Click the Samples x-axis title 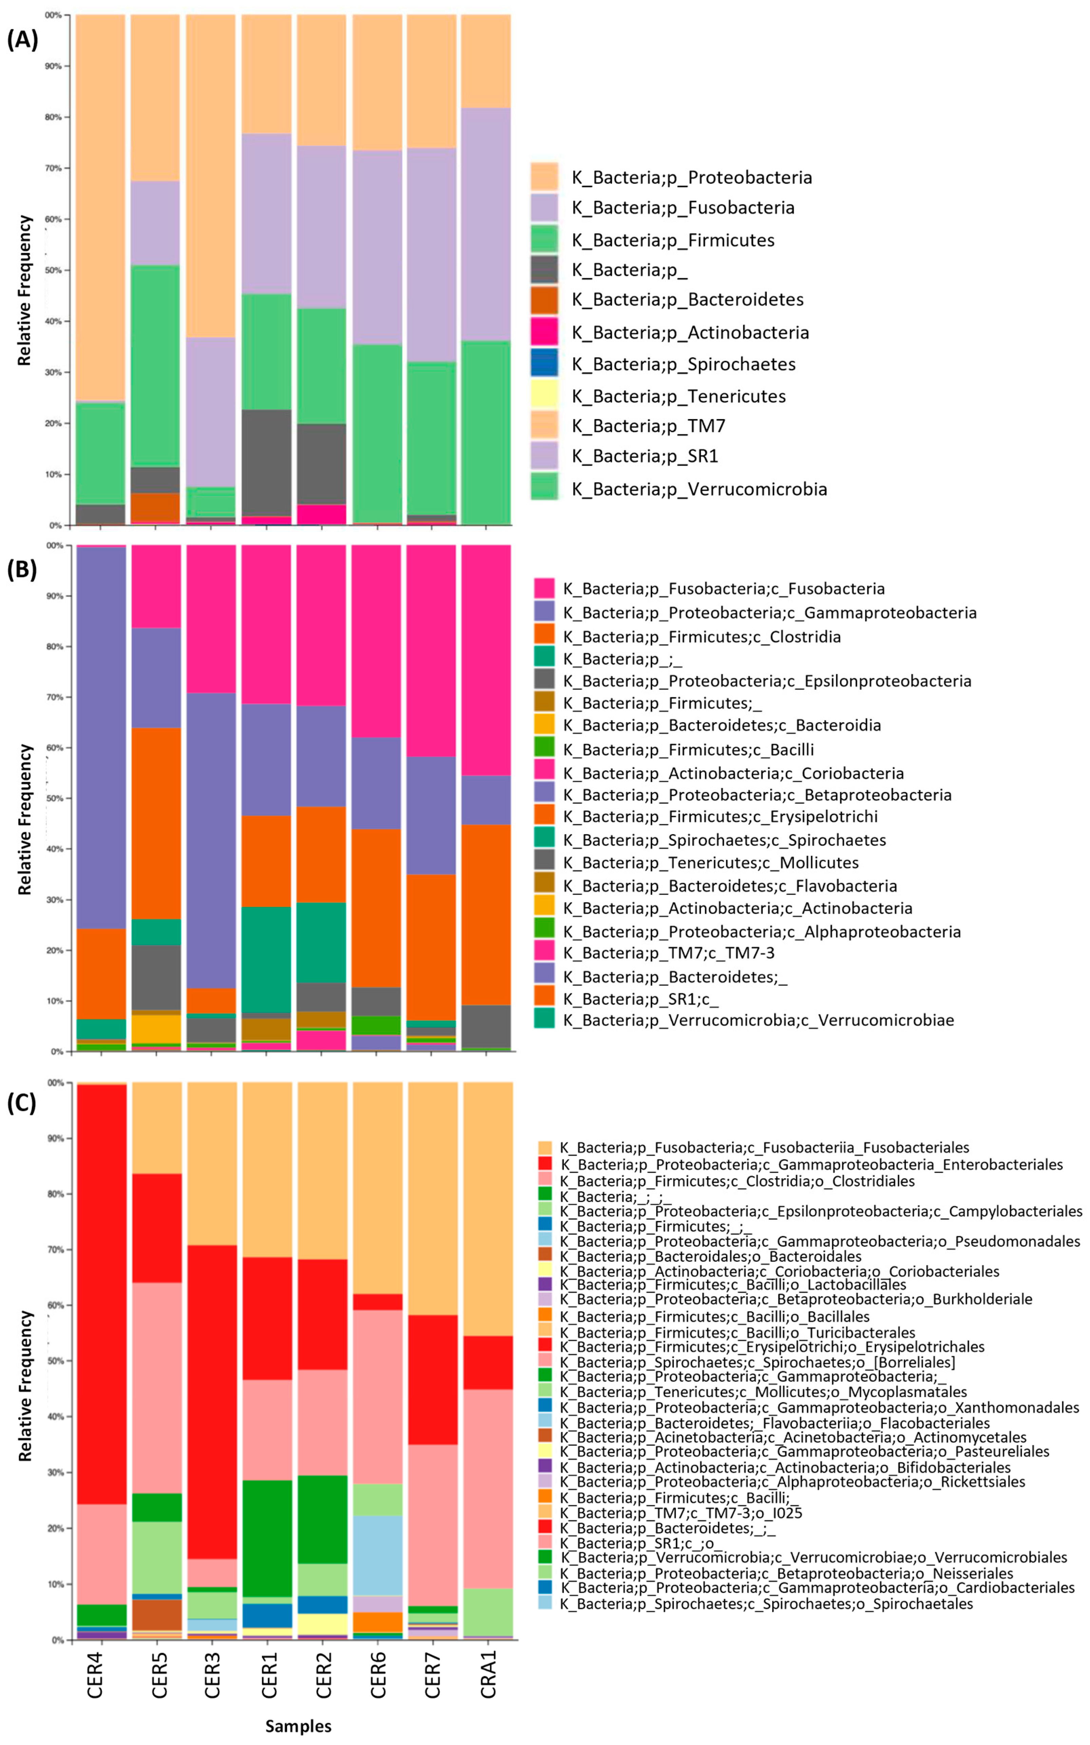[299, 1726]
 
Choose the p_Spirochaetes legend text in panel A [683, 364]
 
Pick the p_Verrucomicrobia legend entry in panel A [699, 489]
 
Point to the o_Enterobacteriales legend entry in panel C [811, 1165]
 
